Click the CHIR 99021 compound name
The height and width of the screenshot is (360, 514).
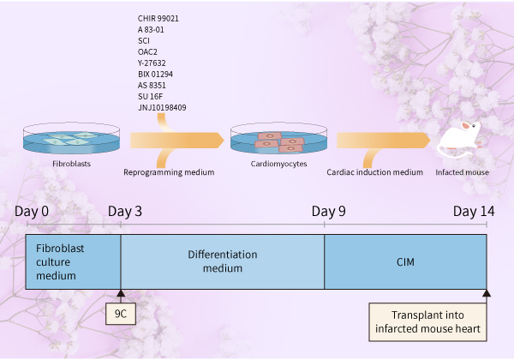click(x=158, y=18)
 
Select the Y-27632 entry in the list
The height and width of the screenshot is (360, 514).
click(x=152, y=63)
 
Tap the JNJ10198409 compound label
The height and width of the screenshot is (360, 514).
click(x=162, y=107)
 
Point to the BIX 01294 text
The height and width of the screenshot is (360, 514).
click(x=155, y=74)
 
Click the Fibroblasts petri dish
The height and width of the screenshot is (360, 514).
click(x=71, y=138)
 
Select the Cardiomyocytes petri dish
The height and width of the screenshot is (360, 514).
click(x=278, y=138)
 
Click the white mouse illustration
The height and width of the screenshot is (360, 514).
click(x=459, y=140)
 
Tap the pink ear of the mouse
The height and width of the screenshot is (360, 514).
click(x=466, y=126)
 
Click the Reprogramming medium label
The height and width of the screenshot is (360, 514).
click(x=169, y=172)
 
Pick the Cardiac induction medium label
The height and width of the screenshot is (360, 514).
click(x=374, y=172)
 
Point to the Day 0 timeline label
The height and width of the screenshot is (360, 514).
click(x=32, y=212)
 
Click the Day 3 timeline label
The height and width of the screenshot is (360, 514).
click(x=125, y=212)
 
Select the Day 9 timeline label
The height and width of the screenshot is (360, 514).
click(x=328, y=212)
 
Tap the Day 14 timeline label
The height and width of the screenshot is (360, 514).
click(x=474, y=212)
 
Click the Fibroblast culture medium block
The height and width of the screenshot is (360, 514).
click(x=73, y=261)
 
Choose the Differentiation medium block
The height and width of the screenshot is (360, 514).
click(x=223, y=261)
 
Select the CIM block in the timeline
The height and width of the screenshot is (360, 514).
click(x=405, y=261)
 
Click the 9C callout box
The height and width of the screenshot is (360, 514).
click(x=121, y=314)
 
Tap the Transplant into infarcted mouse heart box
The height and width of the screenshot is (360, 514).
click(x=427, y=322)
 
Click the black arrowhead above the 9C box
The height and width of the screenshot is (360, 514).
click(x=121, y=293)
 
